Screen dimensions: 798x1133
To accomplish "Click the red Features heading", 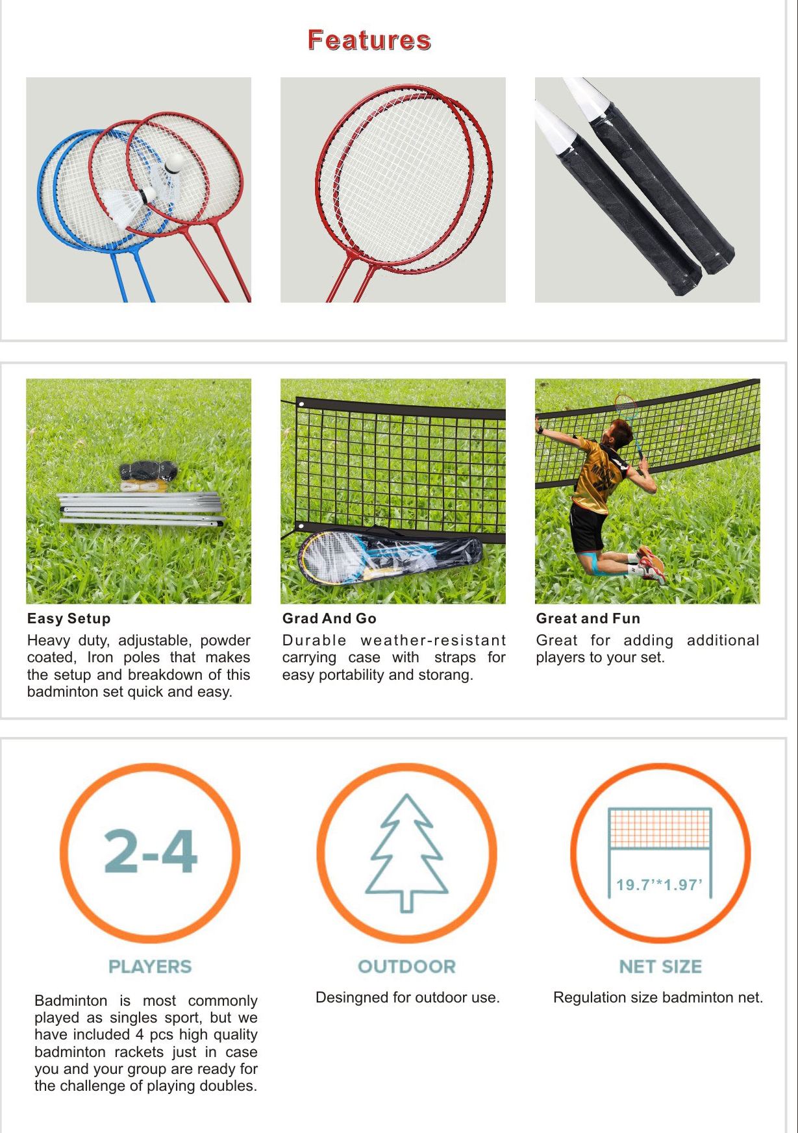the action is [x=369, y=40].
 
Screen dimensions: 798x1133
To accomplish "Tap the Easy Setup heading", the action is [x=69, y=619].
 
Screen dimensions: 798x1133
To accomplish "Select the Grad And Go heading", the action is [x=329, y=619].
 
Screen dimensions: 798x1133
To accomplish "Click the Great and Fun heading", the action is [x=588, y=619].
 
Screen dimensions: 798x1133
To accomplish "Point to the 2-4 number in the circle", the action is [x=151, y=851].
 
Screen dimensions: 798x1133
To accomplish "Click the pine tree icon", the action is [x=406, y=853].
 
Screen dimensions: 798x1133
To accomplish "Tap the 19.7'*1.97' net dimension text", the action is [x=660, y=885].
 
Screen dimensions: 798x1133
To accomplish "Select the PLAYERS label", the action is [x=150, y=967].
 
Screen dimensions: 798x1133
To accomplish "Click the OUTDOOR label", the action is [x=407, y=967].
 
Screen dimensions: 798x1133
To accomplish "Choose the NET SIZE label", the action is [x=660, y=967].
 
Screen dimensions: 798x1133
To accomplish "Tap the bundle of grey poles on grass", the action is [x=142, y=509].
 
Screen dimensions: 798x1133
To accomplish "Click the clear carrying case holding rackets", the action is [x=390, y=556].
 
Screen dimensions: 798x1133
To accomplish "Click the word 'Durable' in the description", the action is [x=314, y=640].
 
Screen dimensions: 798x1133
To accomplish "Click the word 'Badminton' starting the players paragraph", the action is [x=71, y=1001].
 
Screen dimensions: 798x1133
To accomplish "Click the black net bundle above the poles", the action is [x=149, y=470].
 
